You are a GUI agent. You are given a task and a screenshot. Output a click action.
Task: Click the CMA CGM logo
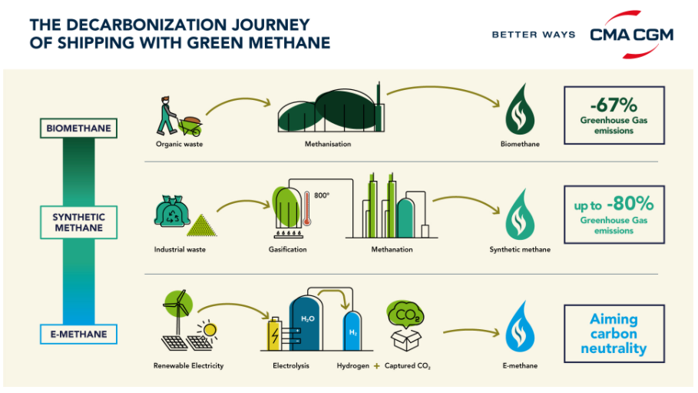[631, 35]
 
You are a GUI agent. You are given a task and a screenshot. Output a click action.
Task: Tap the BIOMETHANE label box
[78, 128]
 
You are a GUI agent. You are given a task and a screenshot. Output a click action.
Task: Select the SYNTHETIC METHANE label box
[78, 222]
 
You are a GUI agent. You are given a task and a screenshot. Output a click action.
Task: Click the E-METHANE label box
[78, 334]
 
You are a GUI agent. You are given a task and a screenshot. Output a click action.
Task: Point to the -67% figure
[614, 105]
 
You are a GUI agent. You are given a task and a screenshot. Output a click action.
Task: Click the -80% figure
[630, 203]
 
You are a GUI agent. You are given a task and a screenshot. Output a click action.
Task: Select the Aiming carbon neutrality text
[614, 334]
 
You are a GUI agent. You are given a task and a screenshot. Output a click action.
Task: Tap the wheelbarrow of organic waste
[190, 126]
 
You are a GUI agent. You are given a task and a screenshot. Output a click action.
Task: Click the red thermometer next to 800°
[306, 208]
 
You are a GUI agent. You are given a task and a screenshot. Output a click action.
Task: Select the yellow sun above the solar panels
[208, 330]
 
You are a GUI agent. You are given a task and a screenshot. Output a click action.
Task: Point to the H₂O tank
[306, 323]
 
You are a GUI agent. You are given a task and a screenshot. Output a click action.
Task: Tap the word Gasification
[287, 249]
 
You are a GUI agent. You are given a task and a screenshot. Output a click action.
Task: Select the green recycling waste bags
[172, 211]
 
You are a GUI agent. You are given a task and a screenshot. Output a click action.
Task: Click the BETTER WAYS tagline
[534, 35]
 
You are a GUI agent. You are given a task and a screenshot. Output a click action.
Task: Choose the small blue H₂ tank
[352, 331]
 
